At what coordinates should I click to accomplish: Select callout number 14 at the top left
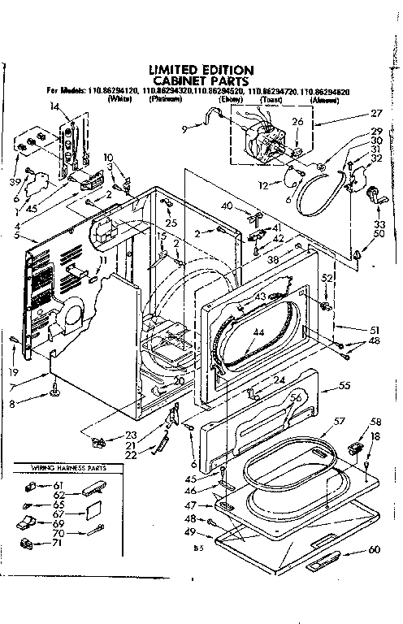point(54,106)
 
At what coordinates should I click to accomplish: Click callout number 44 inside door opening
point(258,333)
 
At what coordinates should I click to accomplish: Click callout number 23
point(131,434)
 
